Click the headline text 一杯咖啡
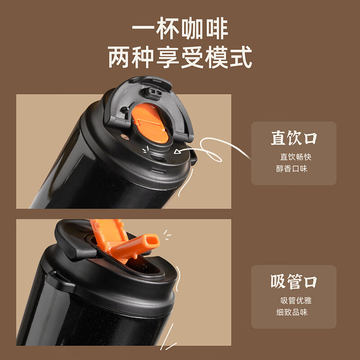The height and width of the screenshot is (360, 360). pos(180,28)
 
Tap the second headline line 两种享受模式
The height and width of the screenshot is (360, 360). pos(180,57)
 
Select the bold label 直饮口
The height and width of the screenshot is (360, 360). pos(294,138)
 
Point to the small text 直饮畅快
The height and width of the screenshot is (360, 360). pos(296,157)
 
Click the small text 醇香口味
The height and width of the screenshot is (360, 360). pos(292,169)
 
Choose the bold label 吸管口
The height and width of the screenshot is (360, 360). pos(294,282)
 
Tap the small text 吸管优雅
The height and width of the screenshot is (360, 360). pos(296,301)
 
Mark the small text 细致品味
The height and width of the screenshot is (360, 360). pos(292,312)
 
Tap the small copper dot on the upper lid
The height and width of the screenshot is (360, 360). pos(125,137)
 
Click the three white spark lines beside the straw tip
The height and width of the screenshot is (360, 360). pos(167,234)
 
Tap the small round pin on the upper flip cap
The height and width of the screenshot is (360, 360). pos(124,109)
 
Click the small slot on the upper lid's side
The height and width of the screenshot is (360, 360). pos(158,171)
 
